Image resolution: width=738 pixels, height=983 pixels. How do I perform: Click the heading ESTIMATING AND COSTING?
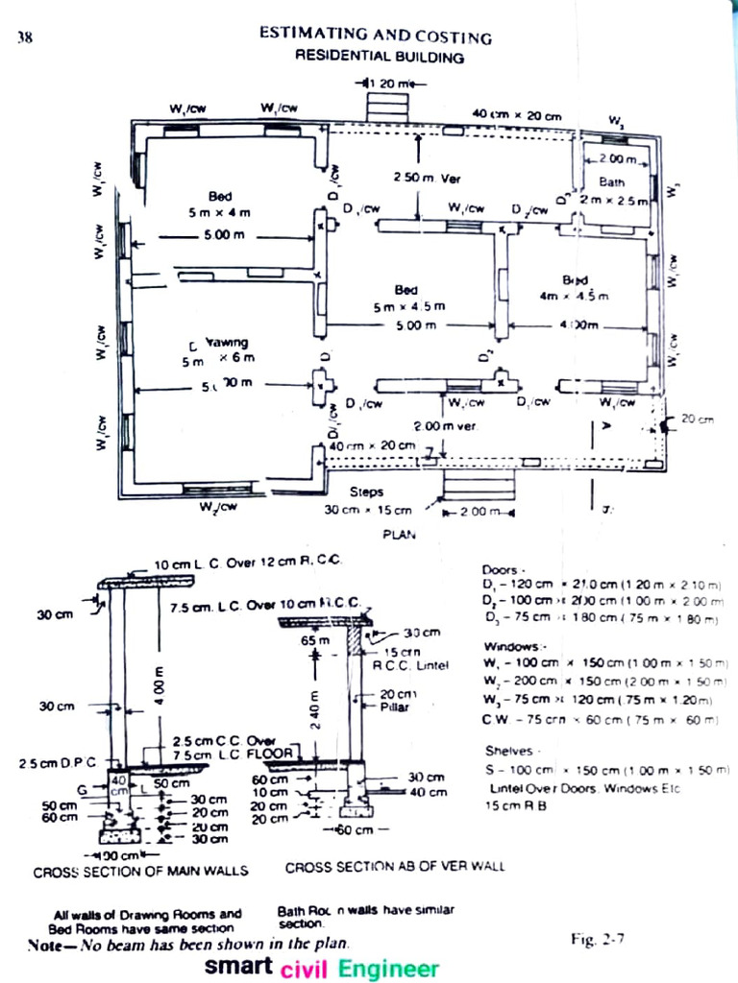376,36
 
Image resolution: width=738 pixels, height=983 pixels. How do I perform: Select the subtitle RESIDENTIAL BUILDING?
379,58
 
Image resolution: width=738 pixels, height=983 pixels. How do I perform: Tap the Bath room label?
612,180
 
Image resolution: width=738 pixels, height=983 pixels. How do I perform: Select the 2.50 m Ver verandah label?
428,178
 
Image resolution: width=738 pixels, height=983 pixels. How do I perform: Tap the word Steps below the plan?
366,491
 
